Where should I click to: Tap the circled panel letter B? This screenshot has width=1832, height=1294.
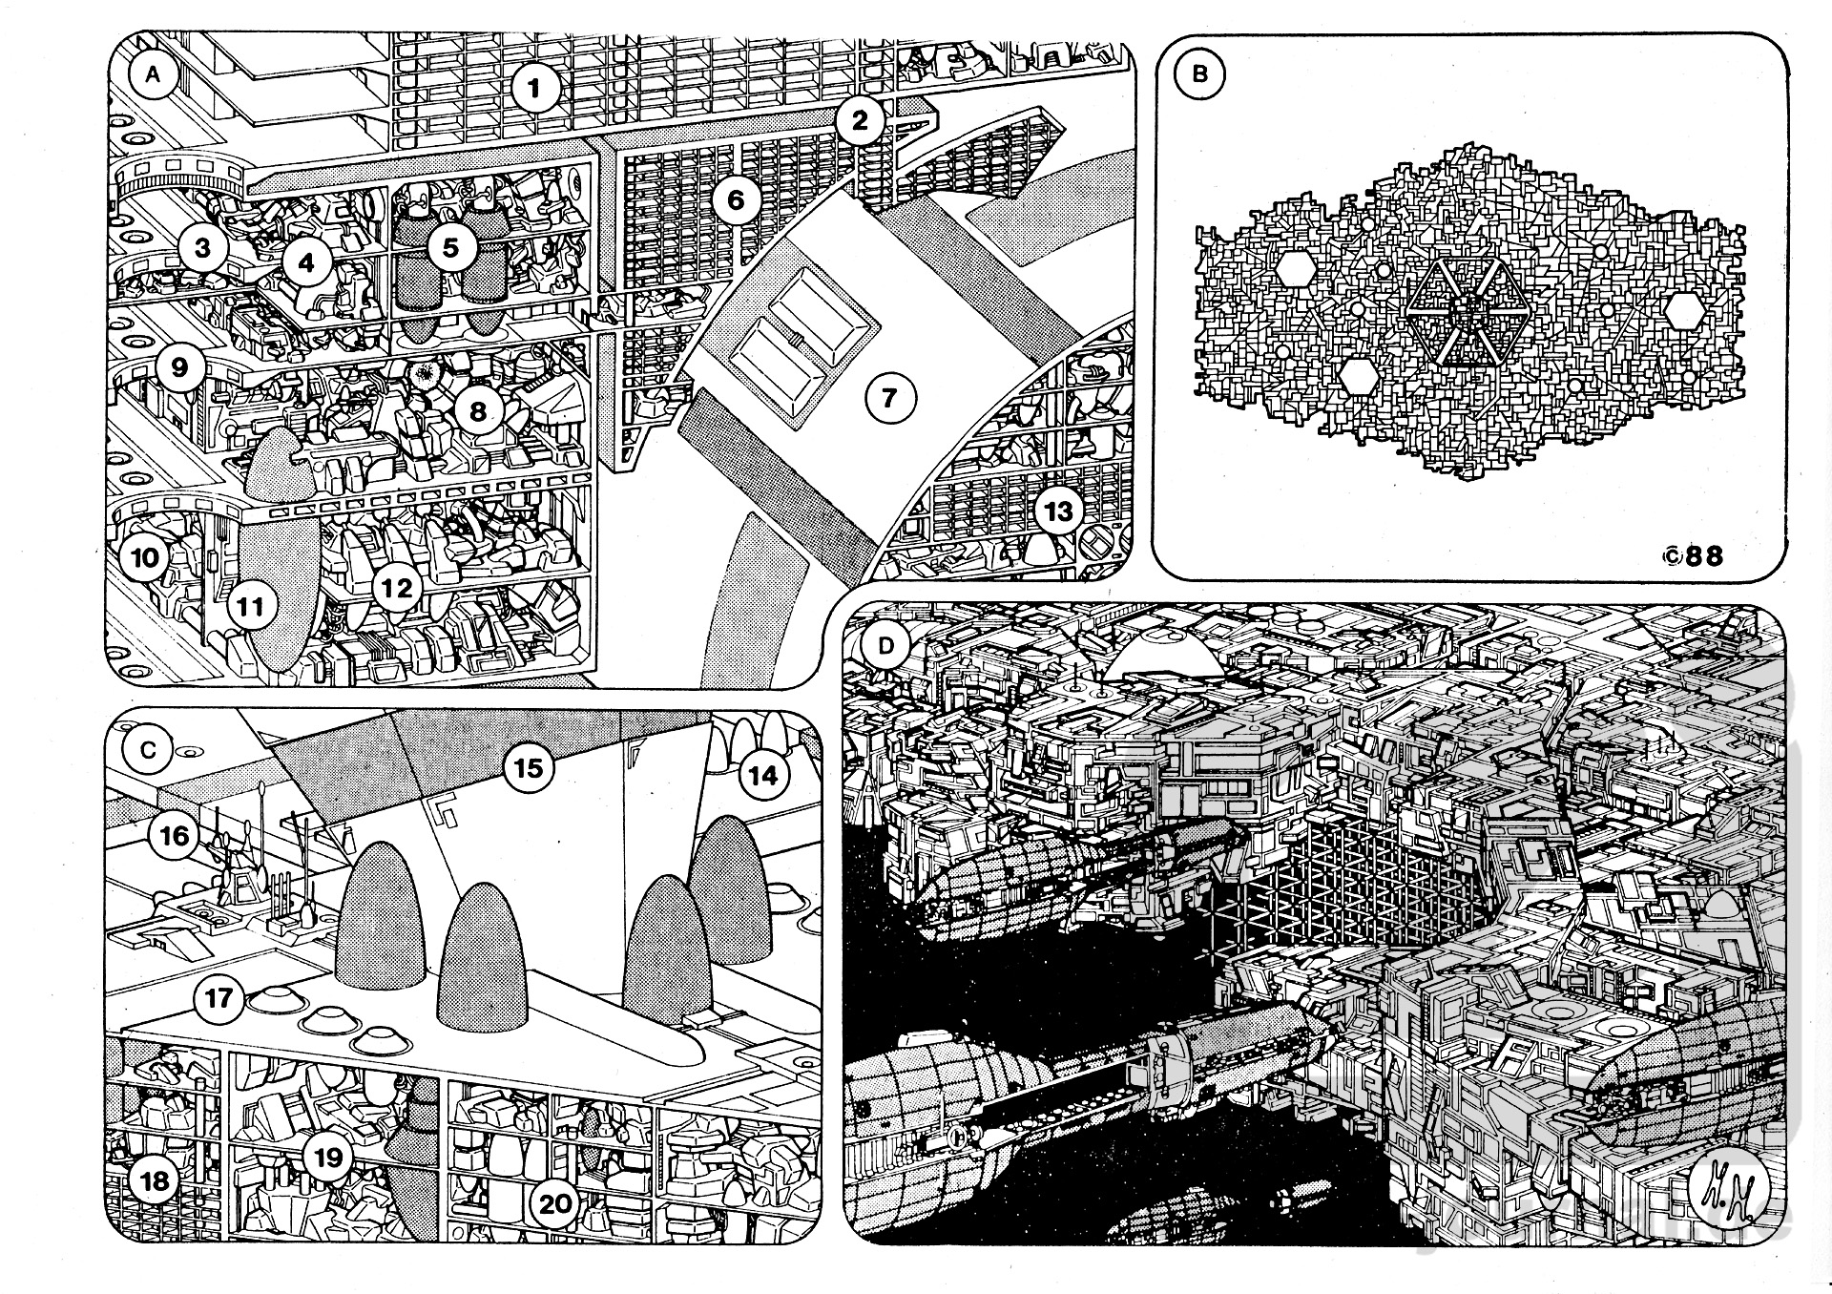coord(1199,74)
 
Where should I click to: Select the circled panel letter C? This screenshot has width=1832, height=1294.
coord(148,750)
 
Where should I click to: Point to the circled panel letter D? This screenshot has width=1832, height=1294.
coord(886,646)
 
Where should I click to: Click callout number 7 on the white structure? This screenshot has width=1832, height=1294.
coord(889,397)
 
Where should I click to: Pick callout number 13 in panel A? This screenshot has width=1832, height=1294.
coord(1058,511)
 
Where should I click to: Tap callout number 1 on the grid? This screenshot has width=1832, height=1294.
coord(534,89)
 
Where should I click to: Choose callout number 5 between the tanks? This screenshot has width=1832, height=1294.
coord(450,247)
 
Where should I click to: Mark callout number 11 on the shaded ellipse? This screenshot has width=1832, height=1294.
coord(251,605)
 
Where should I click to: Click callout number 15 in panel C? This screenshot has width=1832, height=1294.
coord(529,768)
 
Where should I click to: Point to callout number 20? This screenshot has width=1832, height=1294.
coord(555,1204)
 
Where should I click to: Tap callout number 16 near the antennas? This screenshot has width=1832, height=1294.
coord(175,836)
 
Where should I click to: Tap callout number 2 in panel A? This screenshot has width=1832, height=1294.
coord(860,121)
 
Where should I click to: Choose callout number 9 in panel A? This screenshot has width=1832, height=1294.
coord(180,366)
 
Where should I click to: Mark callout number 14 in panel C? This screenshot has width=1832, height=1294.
coord(762,776)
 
